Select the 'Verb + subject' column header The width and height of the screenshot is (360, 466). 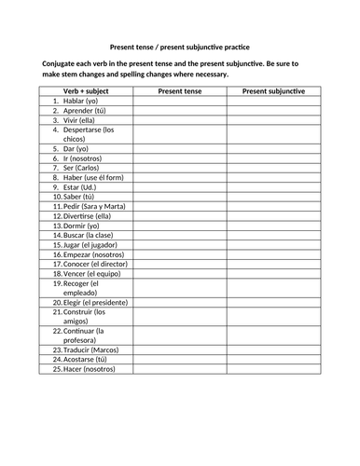tap(87, 91)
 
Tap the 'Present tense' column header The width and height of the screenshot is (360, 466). tap(180, 91)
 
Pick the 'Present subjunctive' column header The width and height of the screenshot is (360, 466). tap(273, 91)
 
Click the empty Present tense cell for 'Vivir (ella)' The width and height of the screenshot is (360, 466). tap(180, 120)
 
